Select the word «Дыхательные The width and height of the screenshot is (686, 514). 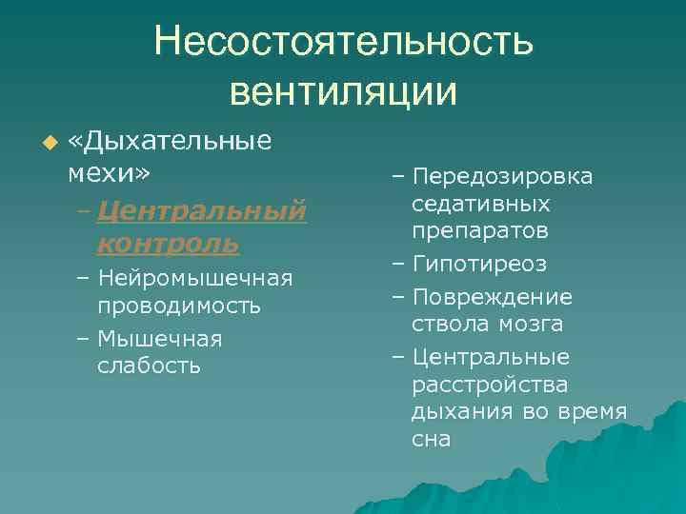point(171,144)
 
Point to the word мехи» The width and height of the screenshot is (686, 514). point(109,173)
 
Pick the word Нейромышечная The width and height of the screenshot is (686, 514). point(194,278)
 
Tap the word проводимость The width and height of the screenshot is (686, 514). point(178,306)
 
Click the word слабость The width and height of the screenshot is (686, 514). point(149,366)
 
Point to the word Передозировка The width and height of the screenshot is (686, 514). point(503,177)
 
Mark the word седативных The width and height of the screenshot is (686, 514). point(480,204)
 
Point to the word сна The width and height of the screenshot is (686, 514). point(431,439)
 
